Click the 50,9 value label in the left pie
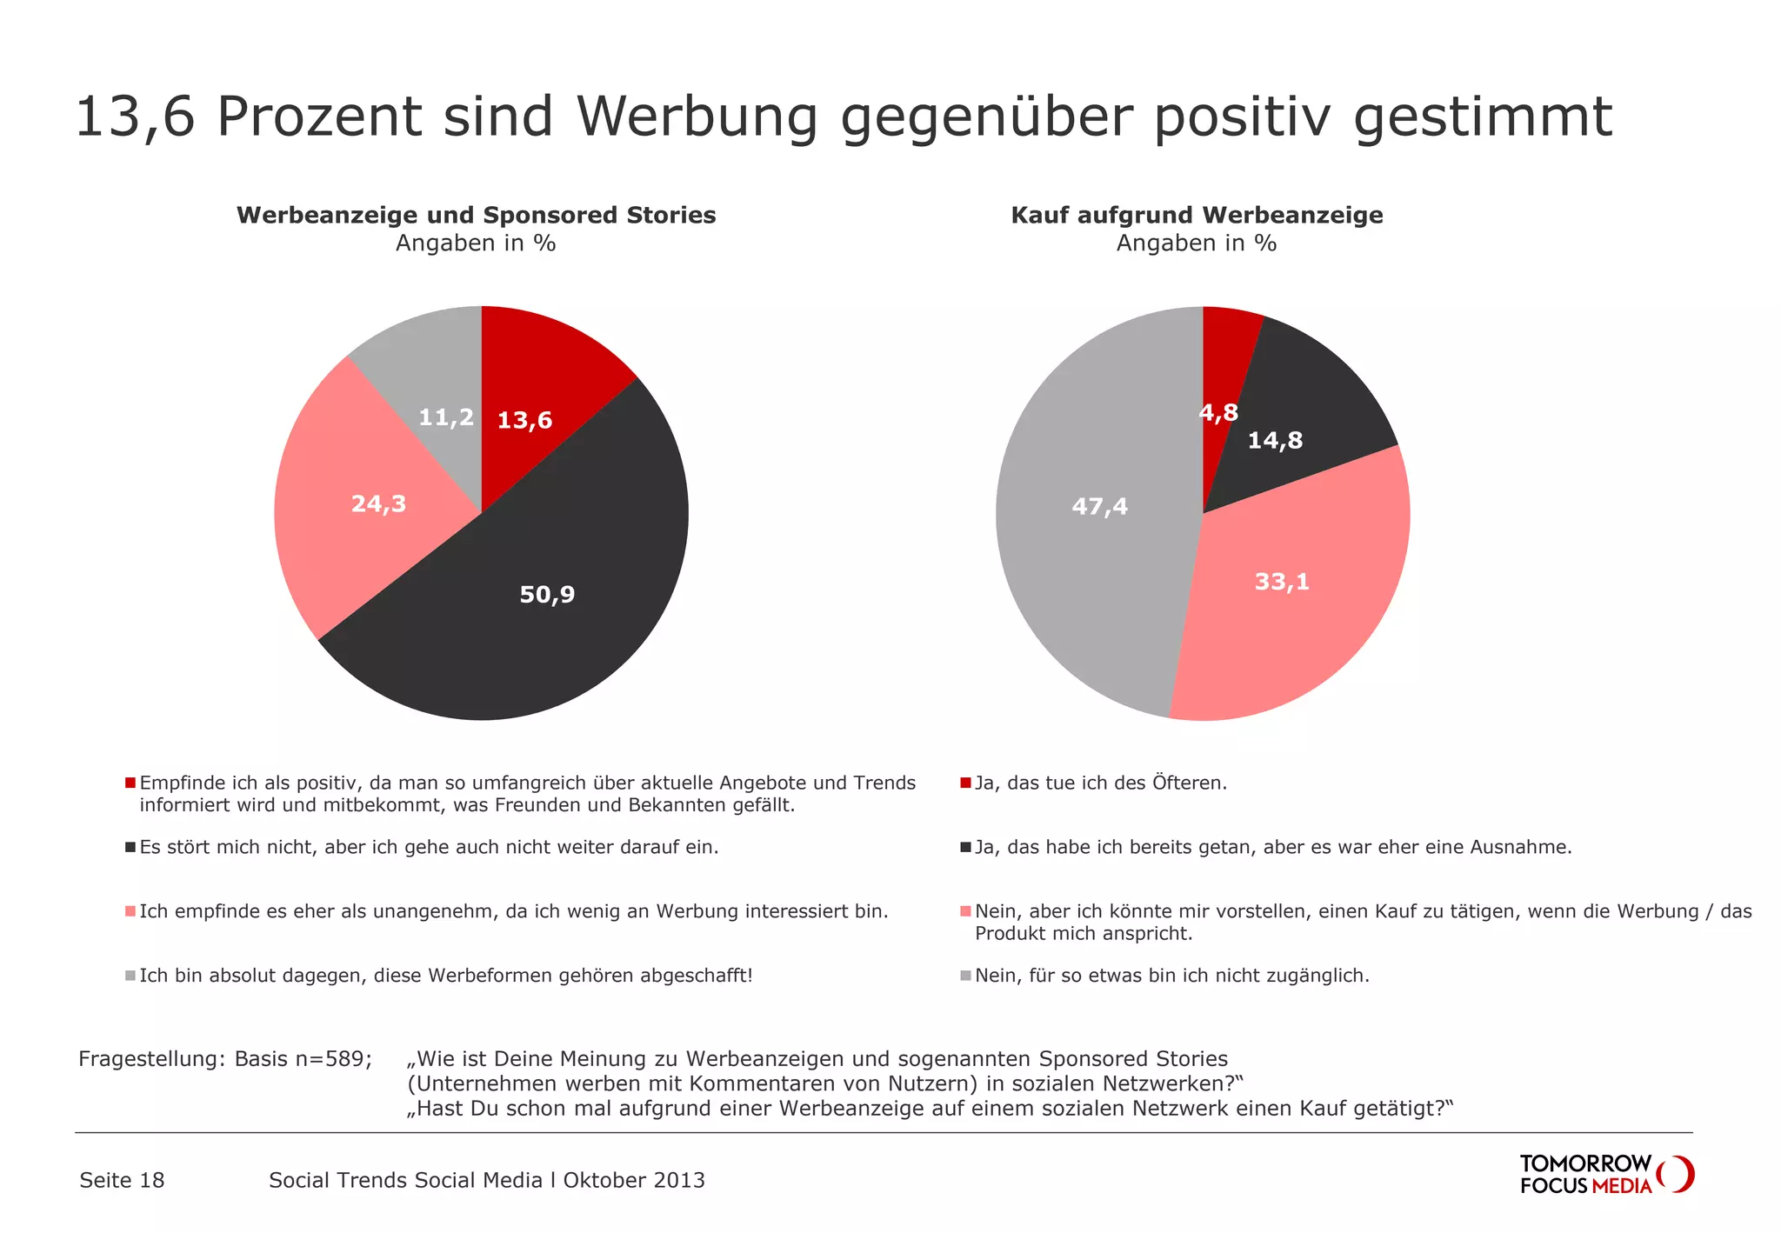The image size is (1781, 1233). point(547,595)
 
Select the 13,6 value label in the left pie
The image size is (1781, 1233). point(524,421)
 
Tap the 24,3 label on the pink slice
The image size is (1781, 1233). point(378,504)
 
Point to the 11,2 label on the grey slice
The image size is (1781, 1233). point(446,418)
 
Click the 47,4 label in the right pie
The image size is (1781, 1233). point(1099,507)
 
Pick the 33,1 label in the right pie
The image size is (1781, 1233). point(1282,582)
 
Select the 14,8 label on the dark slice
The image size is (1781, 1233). point(1275,441)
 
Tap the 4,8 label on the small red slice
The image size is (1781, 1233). point(1218,413)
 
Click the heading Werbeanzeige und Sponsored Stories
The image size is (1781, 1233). point(476,216)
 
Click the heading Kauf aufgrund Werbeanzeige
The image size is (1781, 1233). point(1197,216)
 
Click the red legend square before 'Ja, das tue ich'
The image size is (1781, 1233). point(965,783)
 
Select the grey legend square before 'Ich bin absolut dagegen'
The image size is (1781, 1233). point(130,976)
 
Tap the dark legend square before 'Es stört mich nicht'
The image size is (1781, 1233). point(130,848)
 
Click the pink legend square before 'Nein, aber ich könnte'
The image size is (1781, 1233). point(965,912)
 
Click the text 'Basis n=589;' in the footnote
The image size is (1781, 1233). point(303,1059)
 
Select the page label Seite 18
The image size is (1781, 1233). point(122,1181)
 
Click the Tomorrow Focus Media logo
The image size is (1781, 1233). point(1605,1175)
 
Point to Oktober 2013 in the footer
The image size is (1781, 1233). point(634,1181)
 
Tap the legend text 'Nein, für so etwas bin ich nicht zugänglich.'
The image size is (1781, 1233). point(1171,976)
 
